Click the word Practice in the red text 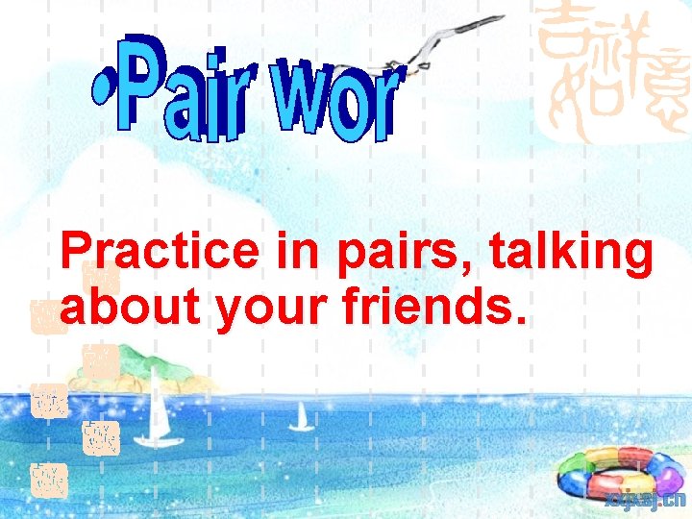tap(159, 252)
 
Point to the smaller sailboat tap(302, 416)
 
